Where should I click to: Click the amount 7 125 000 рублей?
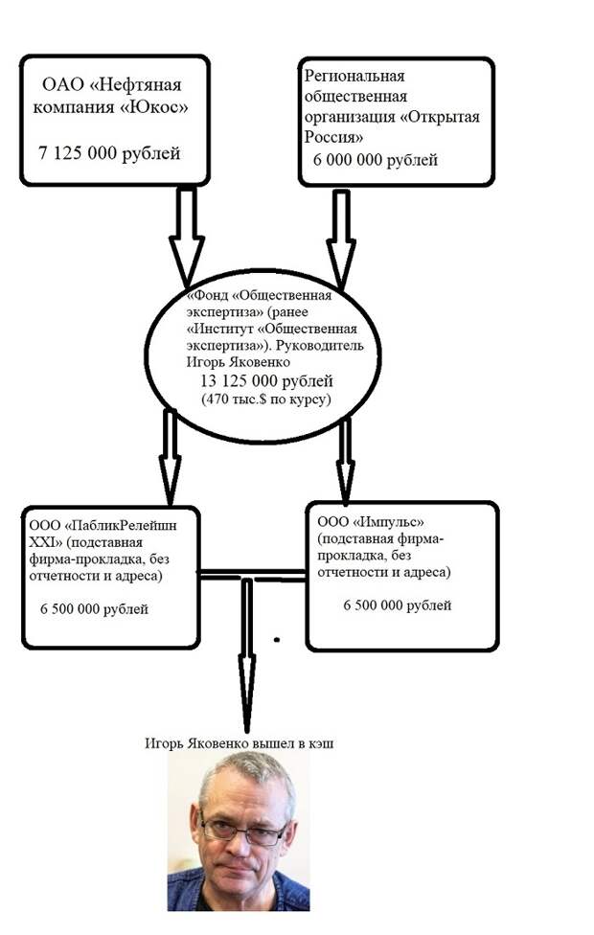[109, 153]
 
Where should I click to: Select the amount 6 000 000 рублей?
[376, 160]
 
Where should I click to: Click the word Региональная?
[354, 77]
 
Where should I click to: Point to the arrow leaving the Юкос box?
[187, 235]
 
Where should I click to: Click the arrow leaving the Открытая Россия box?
[341, 239]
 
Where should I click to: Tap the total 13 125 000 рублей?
[266, 380]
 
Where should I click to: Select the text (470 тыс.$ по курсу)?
[266, 399]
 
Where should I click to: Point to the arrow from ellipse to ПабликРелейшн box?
[170, 457]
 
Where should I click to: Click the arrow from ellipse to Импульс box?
[345, 459]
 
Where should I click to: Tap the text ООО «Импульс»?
[371, 522]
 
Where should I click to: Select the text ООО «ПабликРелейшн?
[103, 525]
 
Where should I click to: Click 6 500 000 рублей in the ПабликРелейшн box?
[94, 609]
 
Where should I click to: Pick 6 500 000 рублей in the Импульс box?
[398, 605]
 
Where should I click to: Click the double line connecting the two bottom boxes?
[253, 575]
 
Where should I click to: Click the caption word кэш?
[322, 743]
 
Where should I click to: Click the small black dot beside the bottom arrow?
[277, 641]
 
